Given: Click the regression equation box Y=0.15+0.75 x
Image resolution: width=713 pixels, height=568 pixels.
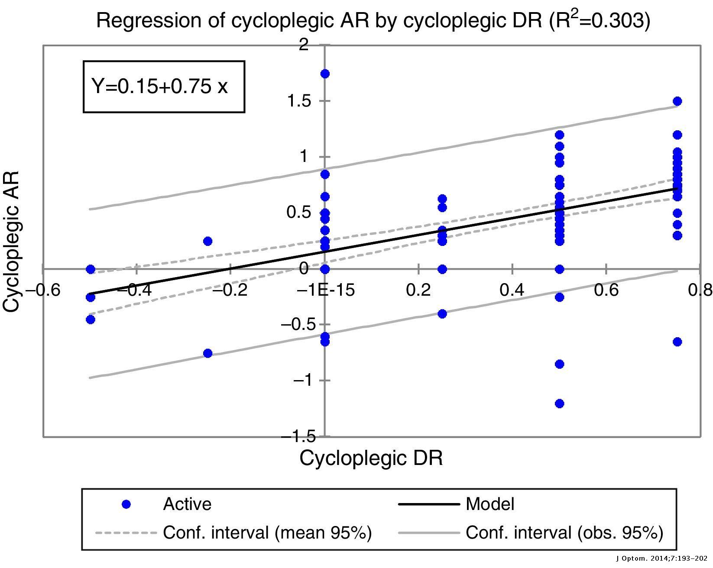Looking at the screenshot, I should (x=164, y=87).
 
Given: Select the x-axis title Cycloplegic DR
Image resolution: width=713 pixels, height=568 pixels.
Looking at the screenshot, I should (x=371, y=458).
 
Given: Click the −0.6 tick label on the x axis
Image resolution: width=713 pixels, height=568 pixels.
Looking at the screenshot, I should (x=42, y=290).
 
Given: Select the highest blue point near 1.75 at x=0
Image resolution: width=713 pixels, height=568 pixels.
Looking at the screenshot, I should (x=325, y=74).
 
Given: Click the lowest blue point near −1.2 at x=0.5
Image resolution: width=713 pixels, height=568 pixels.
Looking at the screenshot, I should (x=559, y=403).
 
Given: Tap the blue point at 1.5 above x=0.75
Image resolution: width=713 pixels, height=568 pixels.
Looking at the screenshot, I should (x=677, y=101).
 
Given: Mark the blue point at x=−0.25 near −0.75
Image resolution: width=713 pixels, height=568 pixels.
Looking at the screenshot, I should (x=207, y=353).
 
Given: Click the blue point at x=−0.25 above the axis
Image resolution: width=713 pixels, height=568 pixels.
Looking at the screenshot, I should (x=207, y=241).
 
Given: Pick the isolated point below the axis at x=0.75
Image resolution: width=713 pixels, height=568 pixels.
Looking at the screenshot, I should (x=677, y=342).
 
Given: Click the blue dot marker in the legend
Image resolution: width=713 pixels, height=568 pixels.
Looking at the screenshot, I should (x=126, y=504).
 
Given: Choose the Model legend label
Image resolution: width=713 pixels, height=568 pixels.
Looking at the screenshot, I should (x=490, y=504).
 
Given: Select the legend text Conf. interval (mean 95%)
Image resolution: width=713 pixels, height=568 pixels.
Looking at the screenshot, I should (x=267, y=532).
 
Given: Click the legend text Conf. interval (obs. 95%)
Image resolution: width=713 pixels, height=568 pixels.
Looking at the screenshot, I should (x=564, y=532).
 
